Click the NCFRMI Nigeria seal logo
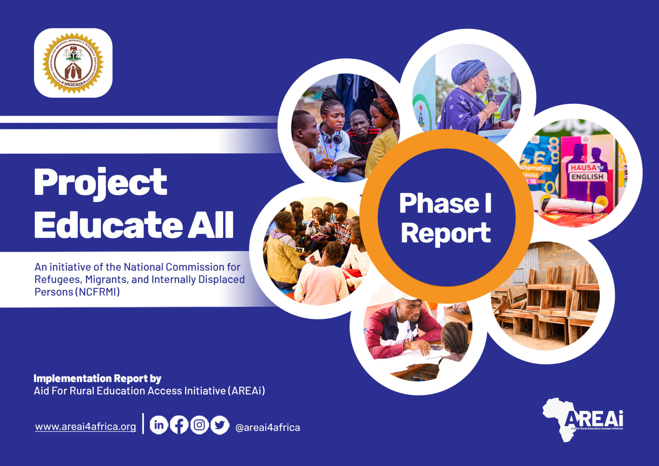click(x=73, y=63)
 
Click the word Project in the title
click(x=101, y=182)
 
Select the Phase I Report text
click(x=446, y=218)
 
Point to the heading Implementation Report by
click(x=97, y=378)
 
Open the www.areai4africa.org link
click(x=85, y=427)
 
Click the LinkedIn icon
click(x=159, y=425)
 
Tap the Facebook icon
click(x=179, y=425)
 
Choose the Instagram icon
click(x=199, y=425)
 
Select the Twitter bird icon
click(x=220, y=425)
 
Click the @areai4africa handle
click(x=268, y=428)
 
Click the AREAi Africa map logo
click(x=583, y=420)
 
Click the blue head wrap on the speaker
click(x=467, y=71)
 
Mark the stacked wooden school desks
click(x=549, y=302)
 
